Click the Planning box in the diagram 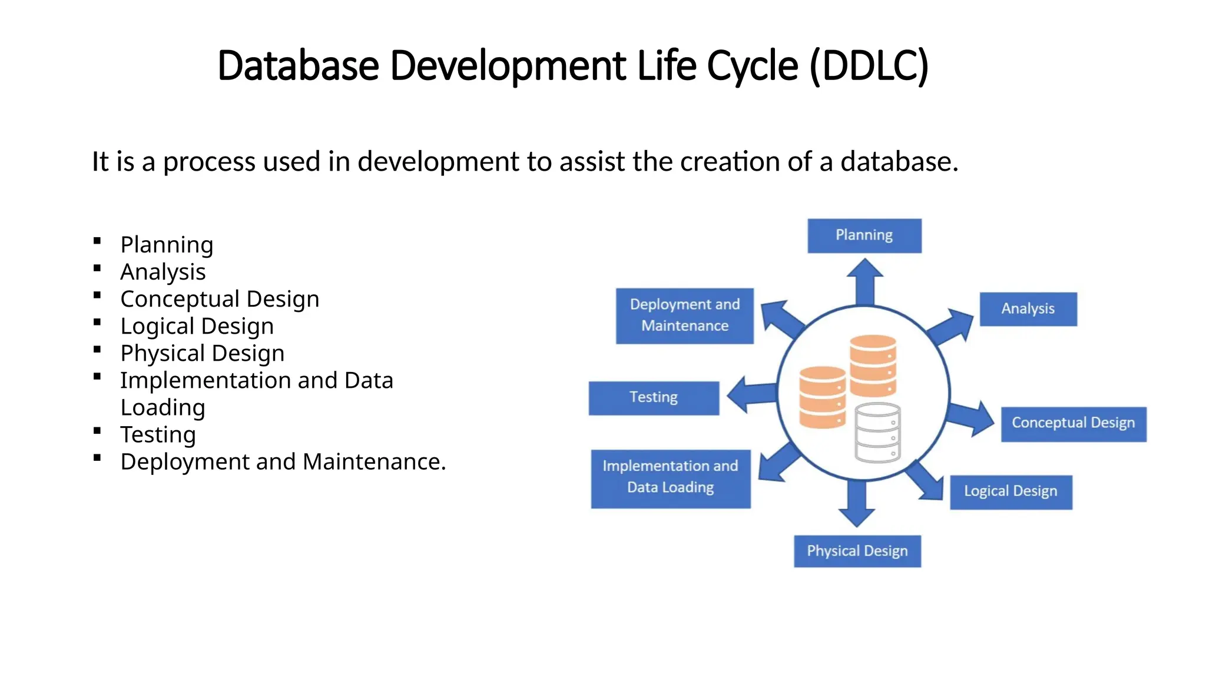(x=864, y=235)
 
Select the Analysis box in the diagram (x=1028, y=309)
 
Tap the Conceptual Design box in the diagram (x=1073, y=424)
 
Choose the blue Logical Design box (x=1010, y=492)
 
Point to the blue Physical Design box (x=857, y=551)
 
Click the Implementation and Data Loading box (x=670, y=478)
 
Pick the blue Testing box (x=654, y=398)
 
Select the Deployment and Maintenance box (x=684, y=315)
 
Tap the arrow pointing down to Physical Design (x=856, y=504)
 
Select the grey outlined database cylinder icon (x=877, y=433)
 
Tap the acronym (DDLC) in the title (x=869, y=66)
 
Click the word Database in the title (x=298, y=66)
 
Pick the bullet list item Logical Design (x=197, y=326)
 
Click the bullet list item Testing (x=158, y=434)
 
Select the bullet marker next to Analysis (x=97, y=268)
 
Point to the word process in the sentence (x=209, y=162)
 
